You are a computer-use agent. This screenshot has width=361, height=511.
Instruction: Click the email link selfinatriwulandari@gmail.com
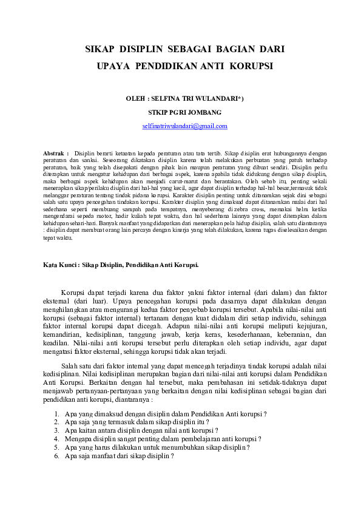pos(185,126)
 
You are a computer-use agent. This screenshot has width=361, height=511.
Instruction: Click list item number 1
pos(56,413)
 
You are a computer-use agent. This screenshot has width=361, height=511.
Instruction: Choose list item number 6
pos(56,455)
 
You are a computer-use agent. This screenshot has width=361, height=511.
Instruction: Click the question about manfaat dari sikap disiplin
pos(115,455)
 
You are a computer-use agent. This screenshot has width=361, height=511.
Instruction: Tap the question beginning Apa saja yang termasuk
pos(137,422)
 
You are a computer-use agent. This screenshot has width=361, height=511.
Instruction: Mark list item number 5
pos(56,447)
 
